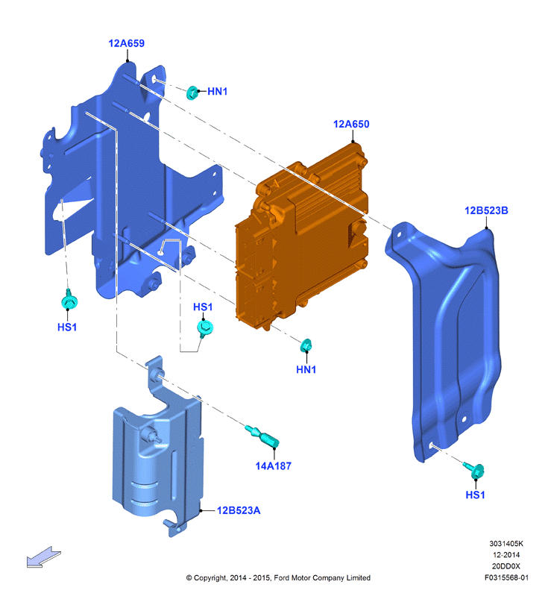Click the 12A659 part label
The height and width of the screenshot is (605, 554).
pos(127,43)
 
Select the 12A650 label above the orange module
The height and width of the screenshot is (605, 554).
pos(351,125)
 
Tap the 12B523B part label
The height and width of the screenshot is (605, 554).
pos(486,210)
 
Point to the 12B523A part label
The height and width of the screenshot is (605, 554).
pos(239,510)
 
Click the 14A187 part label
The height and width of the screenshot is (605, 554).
pos(274,466)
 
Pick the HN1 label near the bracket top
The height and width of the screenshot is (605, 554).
pos(218,92)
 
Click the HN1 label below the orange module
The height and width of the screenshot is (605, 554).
pos(306,369)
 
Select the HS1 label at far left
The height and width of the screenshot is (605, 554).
pos(67,327)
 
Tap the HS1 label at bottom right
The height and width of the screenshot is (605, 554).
pos(475,495)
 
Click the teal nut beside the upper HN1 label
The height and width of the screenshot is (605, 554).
pos(192,93)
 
